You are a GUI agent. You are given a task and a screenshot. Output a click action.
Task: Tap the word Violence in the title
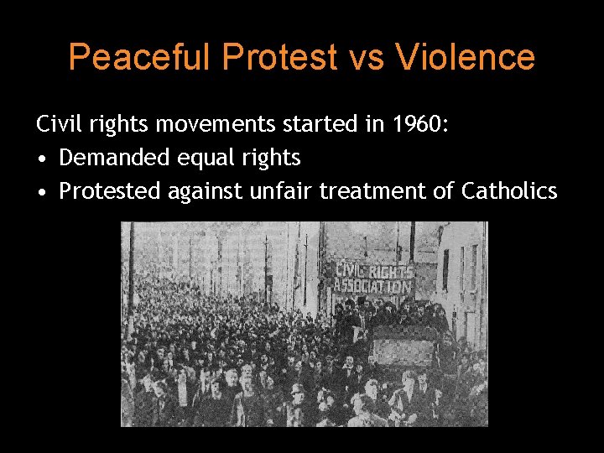click(466, 57)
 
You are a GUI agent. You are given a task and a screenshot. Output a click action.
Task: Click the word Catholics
click(509, 191)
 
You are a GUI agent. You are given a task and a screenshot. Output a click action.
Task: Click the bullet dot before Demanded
click(41, 159)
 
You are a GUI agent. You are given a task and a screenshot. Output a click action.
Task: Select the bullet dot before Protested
click(41, 192)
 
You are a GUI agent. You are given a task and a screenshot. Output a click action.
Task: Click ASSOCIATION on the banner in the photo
click(374, 286)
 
